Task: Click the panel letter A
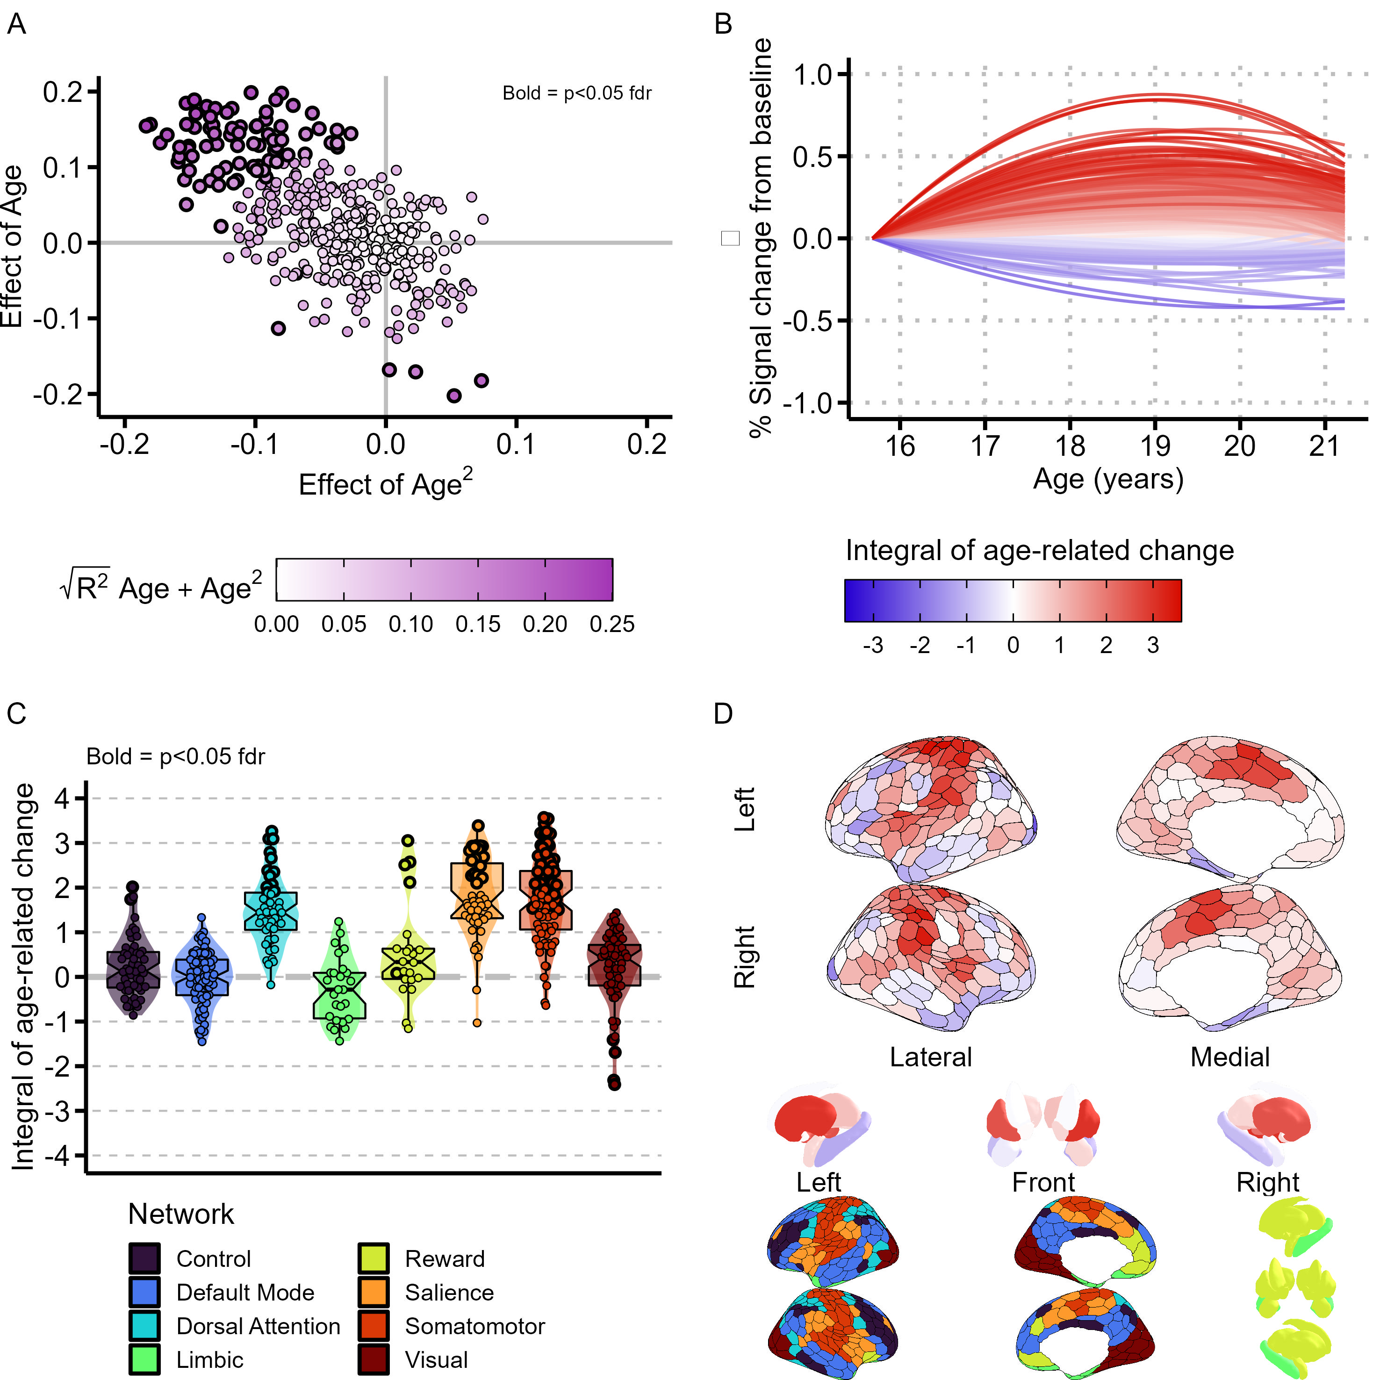(16, 24)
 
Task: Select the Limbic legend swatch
(144, 1360)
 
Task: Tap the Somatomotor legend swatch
(374, 1326)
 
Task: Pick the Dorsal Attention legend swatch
(144, 1326)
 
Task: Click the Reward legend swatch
(374, 1258)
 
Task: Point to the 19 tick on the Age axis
(1155, 446)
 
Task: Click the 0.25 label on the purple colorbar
(611, 624)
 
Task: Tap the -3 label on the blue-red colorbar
(872, 646)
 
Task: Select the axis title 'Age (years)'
(1108, 479)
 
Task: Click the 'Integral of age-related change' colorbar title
(1039, 551)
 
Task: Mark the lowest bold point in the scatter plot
(453, 395)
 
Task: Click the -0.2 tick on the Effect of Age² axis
(124, 444)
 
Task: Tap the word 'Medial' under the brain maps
(1229, 1057)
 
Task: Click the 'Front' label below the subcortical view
(1043, 1182)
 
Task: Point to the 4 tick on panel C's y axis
(63, 798)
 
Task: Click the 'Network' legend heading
(181, 1215)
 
